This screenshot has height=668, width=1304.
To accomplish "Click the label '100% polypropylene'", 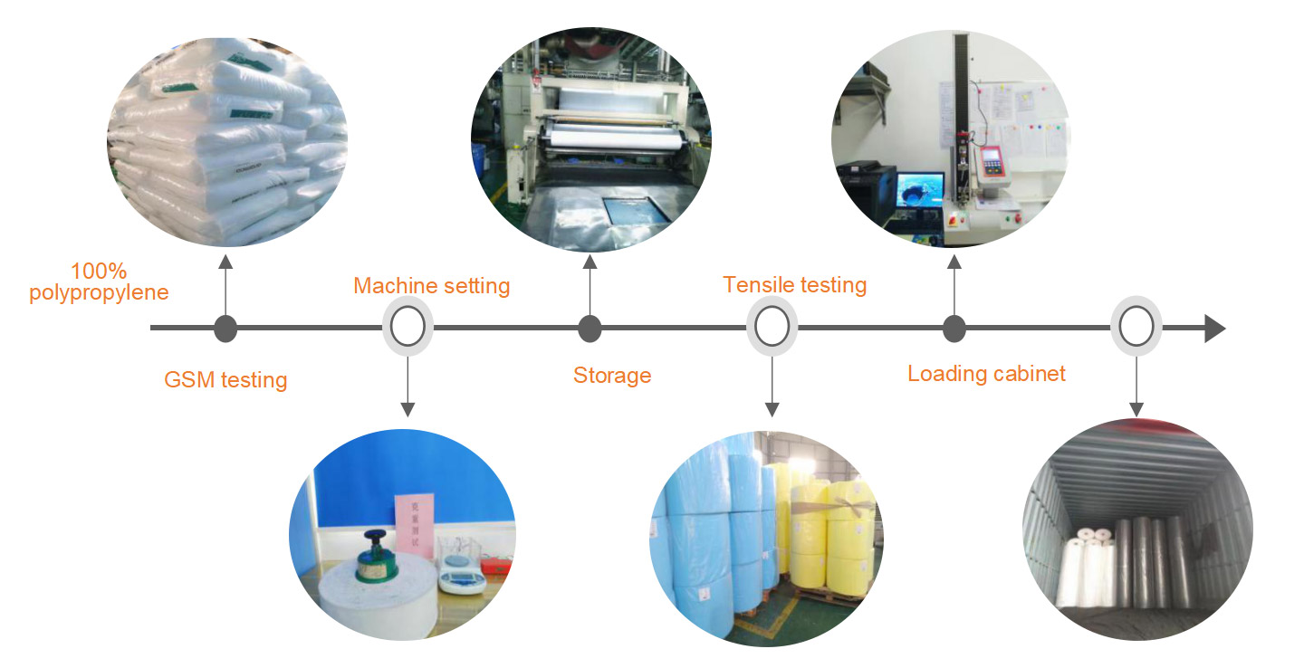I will (99, 282).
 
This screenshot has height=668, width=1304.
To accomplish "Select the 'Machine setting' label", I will (431, 286).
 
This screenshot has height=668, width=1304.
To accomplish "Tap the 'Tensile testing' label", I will (794, 285).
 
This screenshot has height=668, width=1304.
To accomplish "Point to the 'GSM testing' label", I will (225, 379).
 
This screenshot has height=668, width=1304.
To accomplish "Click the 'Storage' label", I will (612, 375).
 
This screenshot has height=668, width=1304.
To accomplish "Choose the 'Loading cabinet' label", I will (986, 373).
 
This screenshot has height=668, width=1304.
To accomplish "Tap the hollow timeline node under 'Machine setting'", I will (407, 327).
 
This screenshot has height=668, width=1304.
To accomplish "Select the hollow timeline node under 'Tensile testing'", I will (772, 327).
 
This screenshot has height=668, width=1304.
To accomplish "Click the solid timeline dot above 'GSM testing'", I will (225, 329).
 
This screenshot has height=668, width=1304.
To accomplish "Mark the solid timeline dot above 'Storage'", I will (590, 329).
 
